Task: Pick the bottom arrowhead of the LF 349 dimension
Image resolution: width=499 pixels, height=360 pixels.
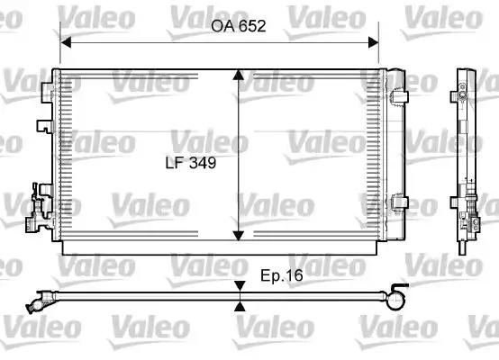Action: [238, 235]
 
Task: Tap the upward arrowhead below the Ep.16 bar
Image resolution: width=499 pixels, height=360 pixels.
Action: [240, 305]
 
